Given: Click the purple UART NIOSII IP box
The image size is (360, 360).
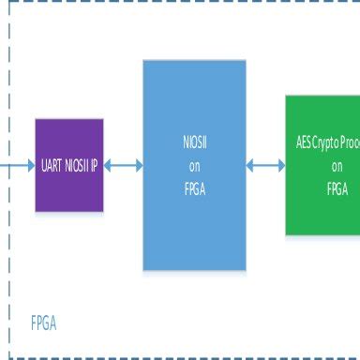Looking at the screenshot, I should tap(70, 164).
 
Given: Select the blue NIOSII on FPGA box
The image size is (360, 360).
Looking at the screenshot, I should tap(194, 165).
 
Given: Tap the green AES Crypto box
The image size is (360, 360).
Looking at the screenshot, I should tap(323, 165).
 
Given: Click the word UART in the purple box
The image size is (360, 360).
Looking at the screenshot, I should tap(52, 165).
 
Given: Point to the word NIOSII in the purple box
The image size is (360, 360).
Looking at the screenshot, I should tap(78, 165).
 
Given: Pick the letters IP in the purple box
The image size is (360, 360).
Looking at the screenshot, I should tap(97, 165).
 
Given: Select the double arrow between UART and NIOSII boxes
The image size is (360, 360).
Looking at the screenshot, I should tap(124, 165).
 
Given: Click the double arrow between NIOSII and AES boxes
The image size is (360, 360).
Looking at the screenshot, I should tap(266, 165).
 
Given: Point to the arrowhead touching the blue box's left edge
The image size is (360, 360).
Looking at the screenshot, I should tap(138, 165).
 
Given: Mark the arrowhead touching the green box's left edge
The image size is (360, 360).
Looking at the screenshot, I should tap(280, 165).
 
